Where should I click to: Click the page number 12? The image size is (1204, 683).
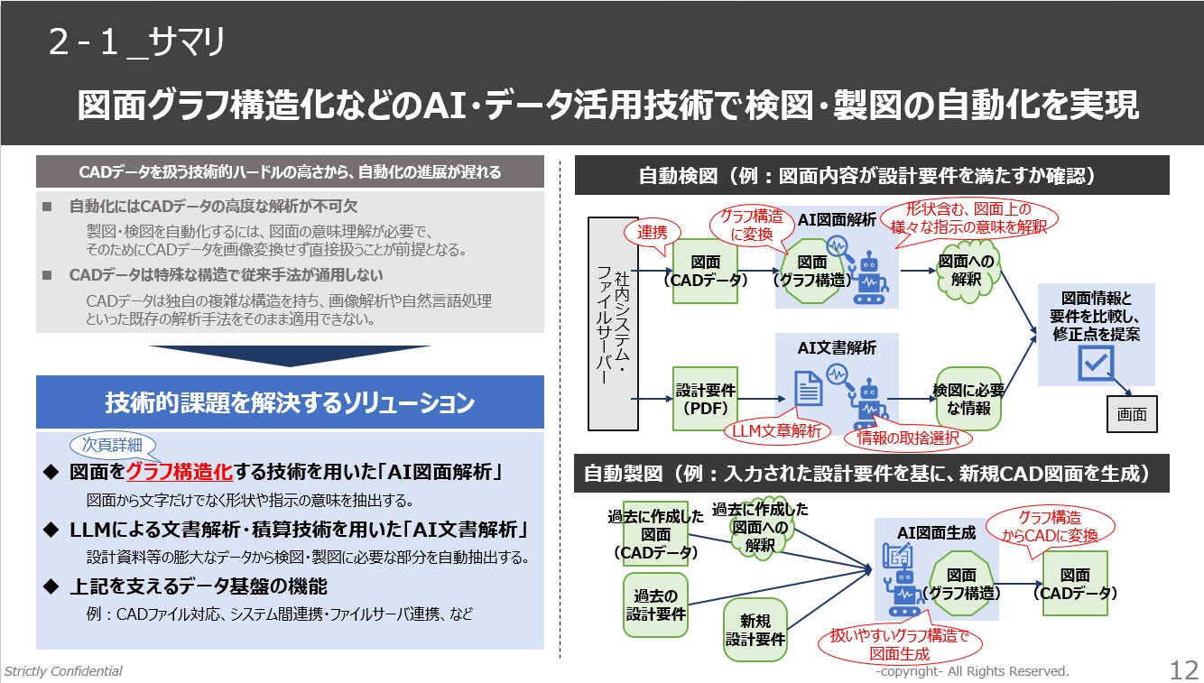(1183, 670)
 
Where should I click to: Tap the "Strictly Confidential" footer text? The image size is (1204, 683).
(63, 671)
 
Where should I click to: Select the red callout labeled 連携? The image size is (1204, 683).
(652, 233)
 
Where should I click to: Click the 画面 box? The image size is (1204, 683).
(1132, 415)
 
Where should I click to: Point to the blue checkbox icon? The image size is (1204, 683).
(1096, 365)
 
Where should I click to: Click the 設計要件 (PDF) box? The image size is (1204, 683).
(706, 399)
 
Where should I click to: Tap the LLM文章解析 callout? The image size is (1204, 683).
(777, 432)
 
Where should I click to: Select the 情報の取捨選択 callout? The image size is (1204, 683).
(907, 438)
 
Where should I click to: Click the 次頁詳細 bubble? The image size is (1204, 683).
(112, 445)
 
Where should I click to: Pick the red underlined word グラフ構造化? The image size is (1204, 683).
(180, 472)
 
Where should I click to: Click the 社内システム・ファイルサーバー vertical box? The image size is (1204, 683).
(613, 323)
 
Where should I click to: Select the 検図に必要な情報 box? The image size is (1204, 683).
(968, 399)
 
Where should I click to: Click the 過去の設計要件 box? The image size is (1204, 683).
(655, 605)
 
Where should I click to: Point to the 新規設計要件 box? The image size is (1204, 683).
(755, 630)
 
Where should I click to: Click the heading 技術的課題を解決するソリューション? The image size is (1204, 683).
(290, 402)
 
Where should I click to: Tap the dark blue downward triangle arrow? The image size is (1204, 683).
(290, 355)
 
